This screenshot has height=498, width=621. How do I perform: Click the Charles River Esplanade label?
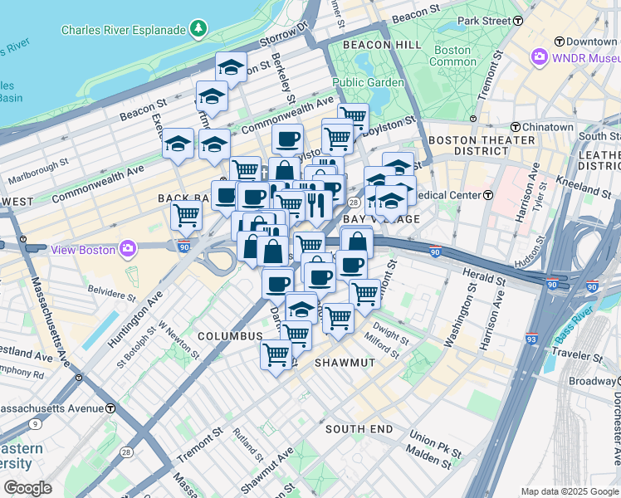(124, 30)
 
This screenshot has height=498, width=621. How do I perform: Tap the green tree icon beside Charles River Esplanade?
(198, 30)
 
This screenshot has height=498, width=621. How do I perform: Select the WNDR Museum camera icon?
(540, 57)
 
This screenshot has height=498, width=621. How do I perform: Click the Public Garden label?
(369, 82)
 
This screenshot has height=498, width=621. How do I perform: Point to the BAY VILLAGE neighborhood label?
(381, 218)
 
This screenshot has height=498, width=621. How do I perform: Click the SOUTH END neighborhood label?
(359, 428)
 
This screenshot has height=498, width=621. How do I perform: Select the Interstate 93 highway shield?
(531, 339)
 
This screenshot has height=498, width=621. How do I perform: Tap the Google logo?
(27, 488)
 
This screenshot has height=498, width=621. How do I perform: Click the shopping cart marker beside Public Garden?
(353, 117)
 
